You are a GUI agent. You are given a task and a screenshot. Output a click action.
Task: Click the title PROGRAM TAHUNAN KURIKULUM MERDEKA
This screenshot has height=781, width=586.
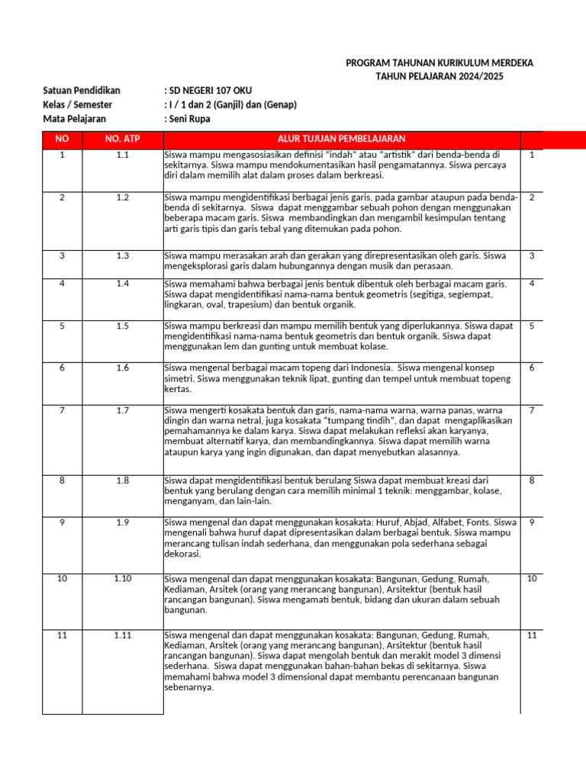(x=439, y=63)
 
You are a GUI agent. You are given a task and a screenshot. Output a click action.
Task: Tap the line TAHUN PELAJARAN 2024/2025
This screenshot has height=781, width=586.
(x=439, y=76)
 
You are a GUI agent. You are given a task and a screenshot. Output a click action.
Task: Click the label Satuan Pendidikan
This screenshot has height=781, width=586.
(x=82, y=91)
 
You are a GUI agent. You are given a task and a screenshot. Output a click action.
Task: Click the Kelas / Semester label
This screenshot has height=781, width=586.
(x=77, y=104)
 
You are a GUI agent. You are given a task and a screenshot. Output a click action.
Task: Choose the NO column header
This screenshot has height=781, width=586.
(x=62, y=139)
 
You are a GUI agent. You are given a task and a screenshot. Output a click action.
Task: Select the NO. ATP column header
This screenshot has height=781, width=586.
(x=123, y=139)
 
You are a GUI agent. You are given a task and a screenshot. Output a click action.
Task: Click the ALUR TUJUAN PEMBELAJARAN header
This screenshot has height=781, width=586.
(x=341, y=139)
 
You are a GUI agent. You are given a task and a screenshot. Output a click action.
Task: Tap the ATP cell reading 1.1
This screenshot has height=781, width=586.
(x=123, y=155)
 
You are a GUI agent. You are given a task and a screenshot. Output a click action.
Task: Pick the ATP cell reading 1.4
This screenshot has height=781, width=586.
(x=123, y=284)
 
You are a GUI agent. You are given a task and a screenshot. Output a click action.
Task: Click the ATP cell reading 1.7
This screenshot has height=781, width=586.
(x=123, y=411)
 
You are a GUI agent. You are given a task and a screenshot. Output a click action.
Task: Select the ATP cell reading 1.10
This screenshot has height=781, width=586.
(x=123, y=579)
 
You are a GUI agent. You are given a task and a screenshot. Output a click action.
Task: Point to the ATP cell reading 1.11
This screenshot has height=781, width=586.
(x=123, y=635)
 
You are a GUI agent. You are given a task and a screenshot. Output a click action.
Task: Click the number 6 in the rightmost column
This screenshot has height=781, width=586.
(x=532, y=368)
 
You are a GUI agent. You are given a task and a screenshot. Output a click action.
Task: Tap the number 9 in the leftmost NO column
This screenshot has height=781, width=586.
(x=62, y=522)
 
